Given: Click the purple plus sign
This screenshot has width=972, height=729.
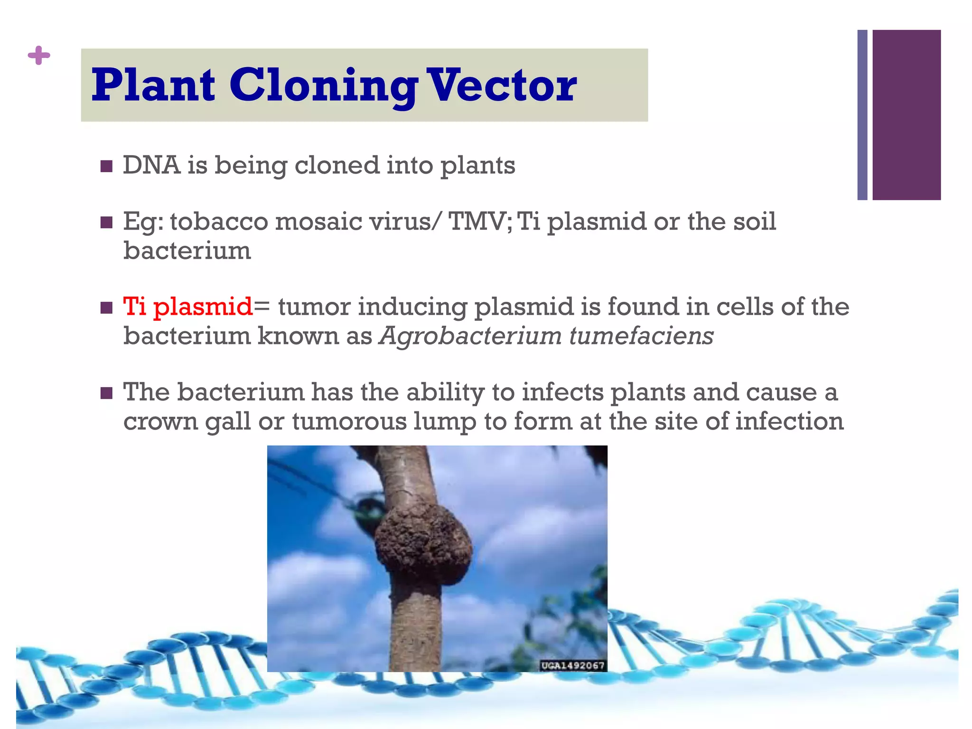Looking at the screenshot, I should point(39,56).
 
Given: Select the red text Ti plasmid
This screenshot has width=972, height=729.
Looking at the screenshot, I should point(188,307).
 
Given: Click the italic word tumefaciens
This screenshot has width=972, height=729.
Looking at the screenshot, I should point(641,336).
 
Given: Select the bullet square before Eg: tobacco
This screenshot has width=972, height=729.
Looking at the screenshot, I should point(106,223).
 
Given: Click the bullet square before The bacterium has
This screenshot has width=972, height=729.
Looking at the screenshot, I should point(106,393).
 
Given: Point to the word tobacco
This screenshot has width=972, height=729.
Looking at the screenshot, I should point(219,222).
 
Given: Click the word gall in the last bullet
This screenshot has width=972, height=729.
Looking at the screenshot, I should point(228,422).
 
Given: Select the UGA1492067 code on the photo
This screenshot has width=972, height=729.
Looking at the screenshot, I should point(573,665).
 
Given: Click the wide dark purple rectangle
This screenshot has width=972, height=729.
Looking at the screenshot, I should point(907,115).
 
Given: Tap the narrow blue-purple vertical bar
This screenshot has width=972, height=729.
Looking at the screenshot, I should point(862,115).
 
